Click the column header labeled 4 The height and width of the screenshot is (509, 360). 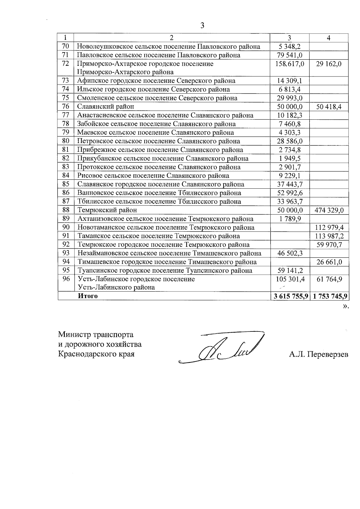[329, 38]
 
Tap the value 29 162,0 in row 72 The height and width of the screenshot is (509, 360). [329, 64]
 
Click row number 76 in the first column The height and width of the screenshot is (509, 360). [66, 106]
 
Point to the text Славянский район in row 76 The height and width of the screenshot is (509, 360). [106, 106]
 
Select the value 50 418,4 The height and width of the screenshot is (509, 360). [329, 107]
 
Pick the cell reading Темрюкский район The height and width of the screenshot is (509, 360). [107, 210]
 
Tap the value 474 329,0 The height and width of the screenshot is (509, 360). [329, 210]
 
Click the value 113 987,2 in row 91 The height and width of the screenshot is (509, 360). [329, 236]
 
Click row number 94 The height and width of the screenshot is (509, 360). [66, 262]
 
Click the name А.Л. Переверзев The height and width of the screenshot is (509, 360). [319, 355]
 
